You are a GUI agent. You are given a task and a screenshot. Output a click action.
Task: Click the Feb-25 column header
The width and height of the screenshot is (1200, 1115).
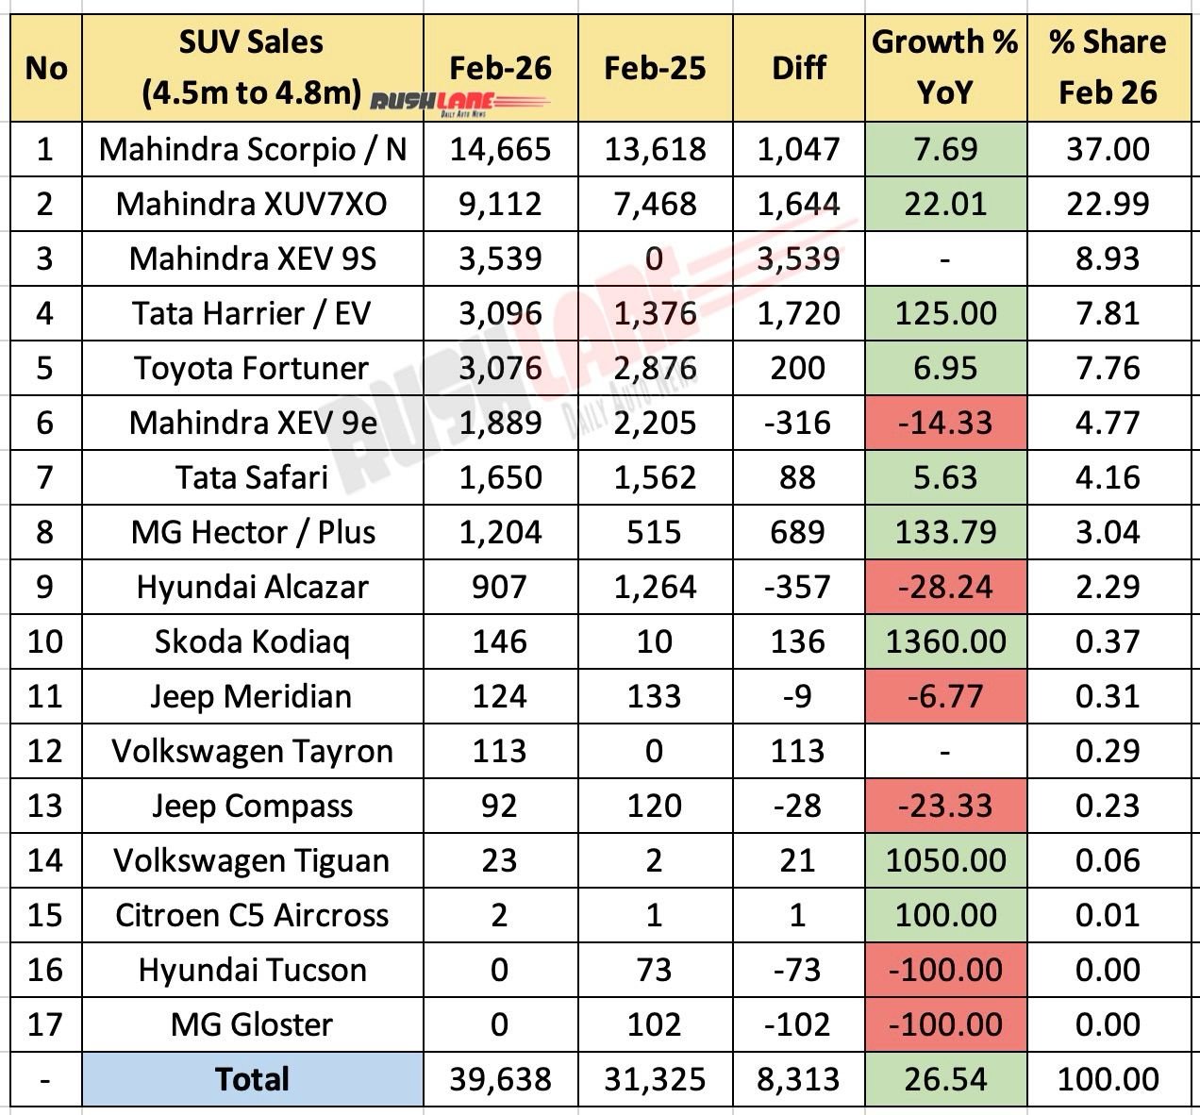[x=654, y=68]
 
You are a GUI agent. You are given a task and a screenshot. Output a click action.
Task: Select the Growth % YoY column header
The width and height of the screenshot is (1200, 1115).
[x=944, y=67]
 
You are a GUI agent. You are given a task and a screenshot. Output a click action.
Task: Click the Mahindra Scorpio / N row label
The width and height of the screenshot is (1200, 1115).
[x=252, y=149]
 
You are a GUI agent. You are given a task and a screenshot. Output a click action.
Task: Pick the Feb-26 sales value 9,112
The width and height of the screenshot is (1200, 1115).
[x=499, y=204]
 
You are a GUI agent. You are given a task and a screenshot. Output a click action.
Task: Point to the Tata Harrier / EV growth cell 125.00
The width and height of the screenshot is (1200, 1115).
[x=945, y=313]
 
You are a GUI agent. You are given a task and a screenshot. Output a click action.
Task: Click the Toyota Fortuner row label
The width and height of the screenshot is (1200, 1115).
[x=252, y=368]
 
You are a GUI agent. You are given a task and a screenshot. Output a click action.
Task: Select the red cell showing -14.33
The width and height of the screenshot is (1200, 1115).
[x=945, y=423]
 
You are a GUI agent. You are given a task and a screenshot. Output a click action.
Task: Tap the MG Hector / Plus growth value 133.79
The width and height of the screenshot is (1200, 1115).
[x=945, y=532]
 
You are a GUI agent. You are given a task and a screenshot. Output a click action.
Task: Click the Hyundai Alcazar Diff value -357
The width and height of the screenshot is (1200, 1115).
[x=798, y=587]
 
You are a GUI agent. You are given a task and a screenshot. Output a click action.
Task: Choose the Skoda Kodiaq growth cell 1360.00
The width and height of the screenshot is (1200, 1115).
[x=945, y=641]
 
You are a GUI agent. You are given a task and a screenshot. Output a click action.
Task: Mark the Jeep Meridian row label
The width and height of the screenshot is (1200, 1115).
[x=252, y=696]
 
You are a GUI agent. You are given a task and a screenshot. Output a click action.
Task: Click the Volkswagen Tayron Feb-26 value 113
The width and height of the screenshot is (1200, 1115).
[x=499, y=751]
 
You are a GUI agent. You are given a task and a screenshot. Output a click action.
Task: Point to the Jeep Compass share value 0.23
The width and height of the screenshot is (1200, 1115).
[x=1108, y=806]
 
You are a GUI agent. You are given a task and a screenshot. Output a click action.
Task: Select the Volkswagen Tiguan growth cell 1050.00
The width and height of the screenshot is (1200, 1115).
[x=945, y=860]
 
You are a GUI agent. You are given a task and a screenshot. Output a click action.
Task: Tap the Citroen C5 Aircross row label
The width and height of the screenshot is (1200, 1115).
[x=252, y=915]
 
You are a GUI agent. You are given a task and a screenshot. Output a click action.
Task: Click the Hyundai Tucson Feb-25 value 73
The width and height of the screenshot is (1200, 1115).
[x=654, y=970]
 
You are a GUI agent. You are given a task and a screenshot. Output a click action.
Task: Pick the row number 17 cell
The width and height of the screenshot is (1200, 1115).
[x=45, y=1024]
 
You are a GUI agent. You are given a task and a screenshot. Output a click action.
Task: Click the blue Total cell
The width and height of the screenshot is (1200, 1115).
[x=252, y=1079]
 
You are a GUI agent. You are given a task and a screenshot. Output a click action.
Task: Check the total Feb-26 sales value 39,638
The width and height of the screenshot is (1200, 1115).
[x=499, y=1079]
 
